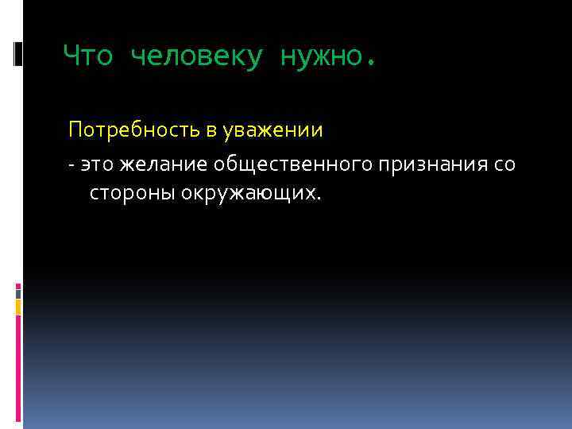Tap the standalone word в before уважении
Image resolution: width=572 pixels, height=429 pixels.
pos(211,129)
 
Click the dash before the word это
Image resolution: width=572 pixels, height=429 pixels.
pos(71,165)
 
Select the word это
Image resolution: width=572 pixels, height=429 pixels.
pos(97,164)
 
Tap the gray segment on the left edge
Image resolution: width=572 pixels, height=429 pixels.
pos(18,292)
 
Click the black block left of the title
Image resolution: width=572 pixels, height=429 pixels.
pos(18,53)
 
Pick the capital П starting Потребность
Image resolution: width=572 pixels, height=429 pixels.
pos(75,129)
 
